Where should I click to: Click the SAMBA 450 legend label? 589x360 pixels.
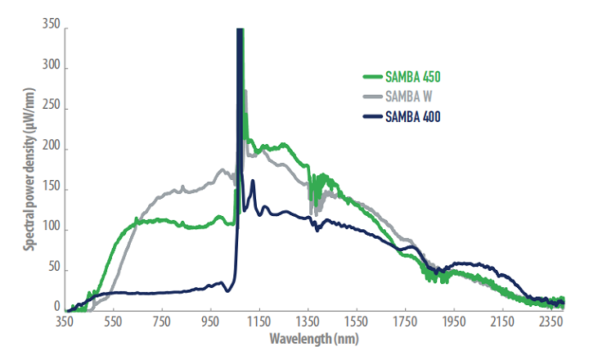(414, 79)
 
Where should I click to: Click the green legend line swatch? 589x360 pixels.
(373, 79)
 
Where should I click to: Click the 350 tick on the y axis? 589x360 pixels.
(50, 27)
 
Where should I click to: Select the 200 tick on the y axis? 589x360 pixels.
(50, 148)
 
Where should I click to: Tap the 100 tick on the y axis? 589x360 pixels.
(50, 228)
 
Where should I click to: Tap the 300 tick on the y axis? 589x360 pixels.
(50, 68)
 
